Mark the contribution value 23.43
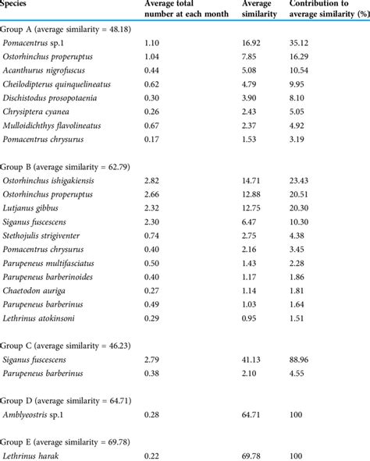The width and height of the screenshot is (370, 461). [x=303, y=179]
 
